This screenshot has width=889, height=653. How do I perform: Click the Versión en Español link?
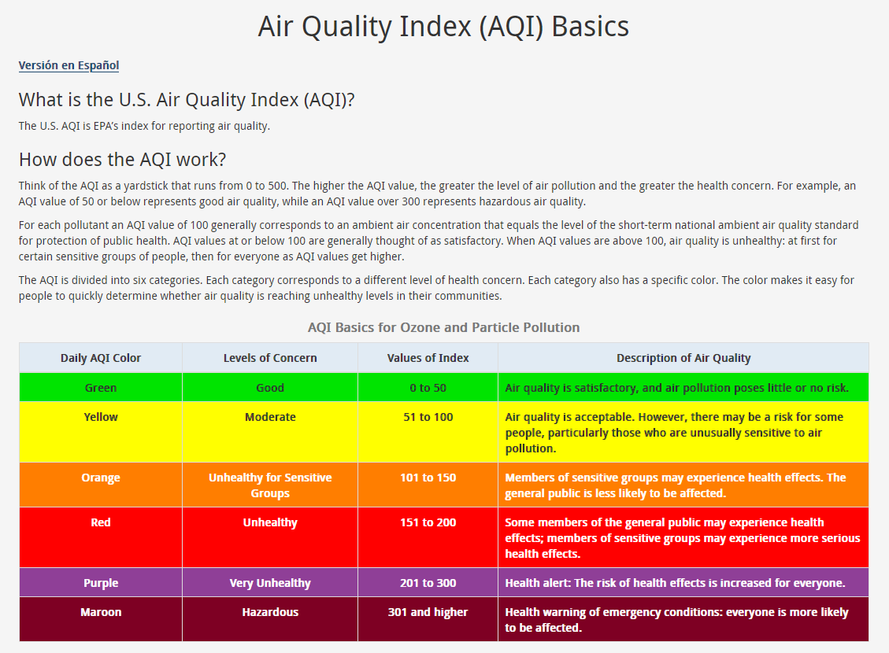pyautogui.click(x=69, y=65)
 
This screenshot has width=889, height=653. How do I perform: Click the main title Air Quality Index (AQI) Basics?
pyautogui.click(x=443, y=27)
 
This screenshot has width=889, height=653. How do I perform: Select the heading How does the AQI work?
pyautogui.click(x=122, y=160)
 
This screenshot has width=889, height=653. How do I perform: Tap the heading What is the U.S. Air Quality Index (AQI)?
pyautogui.click(x=187, y=100)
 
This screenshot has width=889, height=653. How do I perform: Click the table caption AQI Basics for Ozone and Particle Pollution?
pyautogui.click(x=443, y=327)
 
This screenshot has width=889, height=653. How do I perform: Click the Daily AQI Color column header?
pyautogui.click(x=101, y=358)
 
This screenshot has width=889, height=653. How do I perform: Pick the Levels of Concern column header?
pyautogui.click(x=270, y=358)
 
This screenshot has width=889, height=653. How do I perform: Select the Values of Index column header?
pyautogui.click(x=428, y=358)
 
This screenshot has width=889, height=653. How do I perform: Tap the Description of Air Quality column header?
pyautogui.click(x=683, y=358)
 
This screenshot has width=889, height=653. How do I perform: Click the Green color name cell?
pyautogui.click(x=101, y=388)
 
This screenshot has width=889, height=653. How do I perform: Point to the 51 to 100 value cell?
pyautogui.click(x=428, y=417)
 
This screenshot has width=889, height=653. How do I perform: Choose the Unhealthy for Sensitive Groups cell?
pyautogui.click(x=270, y=485)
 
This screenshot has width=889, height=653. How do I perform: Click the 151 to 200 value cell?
pyautogui.click(x=428, y=522)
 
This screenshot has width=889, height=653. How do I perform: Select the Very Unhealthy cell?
pyautogui.click(x=270, y=583)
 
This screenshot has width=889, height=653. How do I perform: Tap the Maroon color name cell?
pyautogui.click(x=101, y=612)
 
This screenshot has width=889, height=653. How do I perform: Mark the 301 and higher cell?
pyautogui.click(x=428, y=612)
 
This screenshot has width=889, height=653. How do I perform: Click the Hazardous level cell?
pyautogui.click(x=270, y=612)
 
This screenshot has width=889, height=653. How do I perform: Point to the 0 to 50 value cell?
pyautogui.click(x=428, y=388)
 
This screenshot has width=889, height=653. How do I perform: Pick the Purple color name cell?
pyautogui.click(x=101, y=583)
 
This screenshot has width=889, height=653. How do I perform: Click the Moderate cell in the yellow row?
pyautogui.click(x=270, y=417)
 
